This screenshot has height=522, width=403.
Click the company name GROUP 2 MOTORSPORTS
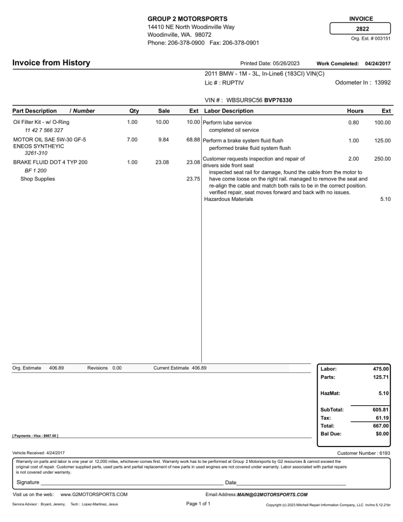coord(187,19)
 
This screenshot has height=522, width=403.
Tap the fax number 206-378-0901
coord(241,43)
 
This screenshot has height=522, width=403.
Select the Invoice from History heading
coord(51,63)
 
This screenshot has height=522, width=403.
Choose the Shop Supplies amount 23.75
coord(194,179)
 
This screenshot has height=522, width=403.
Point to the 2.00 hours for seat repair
coord(353,159)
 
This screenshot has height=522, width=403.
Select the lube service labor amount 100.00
coord(382,123)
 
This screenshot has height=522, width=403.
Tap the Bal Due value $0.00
coord(380,434)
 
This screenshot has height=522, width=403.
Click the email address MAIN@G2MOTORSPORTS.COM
coord(273,494)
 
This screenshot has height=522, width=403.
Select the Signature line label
coord(28,482)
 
